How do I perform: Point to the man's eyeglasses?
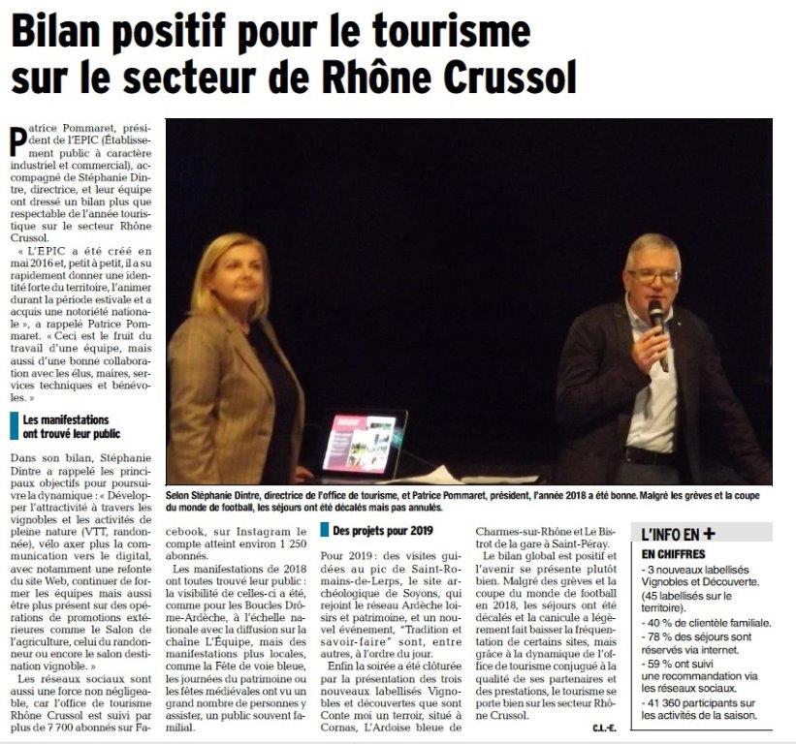coord(653,276)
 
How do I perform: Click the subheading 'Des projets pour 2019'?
coord(377,531)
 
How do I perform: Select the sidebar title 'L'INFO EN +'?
coord(678,532)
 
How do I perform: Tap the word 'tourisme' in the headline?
coord(445,31)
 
